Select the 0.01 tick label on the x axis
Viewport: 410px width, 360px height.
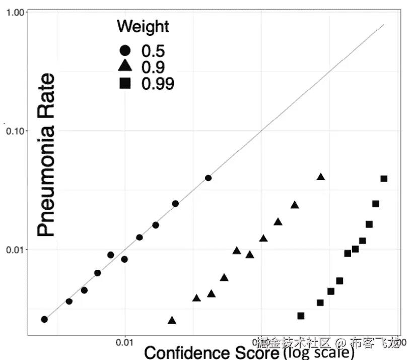[125, 343]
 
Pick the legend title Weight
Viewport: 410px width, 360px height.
[143, 26]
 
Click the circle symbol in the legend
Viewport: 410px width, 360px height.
[125, 51]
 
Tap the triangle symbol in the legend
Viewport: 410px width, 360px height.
[125, 67]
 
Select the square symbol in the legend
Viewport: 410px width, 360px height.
[125, 83]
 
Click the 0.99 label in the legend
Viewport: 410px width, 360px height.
[158, 84]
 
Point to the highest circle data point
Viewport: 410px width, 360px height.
[208, 178]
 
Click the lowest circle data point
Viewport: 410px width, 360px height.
[44, 319]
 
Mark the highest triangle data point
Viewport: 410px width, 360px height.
[321, 176]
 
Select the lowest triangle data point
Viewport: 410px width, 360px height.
[172, 320]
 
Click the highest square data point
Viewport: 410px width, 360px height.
[384, 178]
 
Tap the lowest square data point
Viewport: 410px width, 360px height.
[301, 316]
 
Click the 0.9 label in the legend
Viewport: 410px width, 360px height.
[153, 67]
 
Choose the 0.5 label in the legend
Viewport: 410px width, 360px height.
[153, 51]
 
